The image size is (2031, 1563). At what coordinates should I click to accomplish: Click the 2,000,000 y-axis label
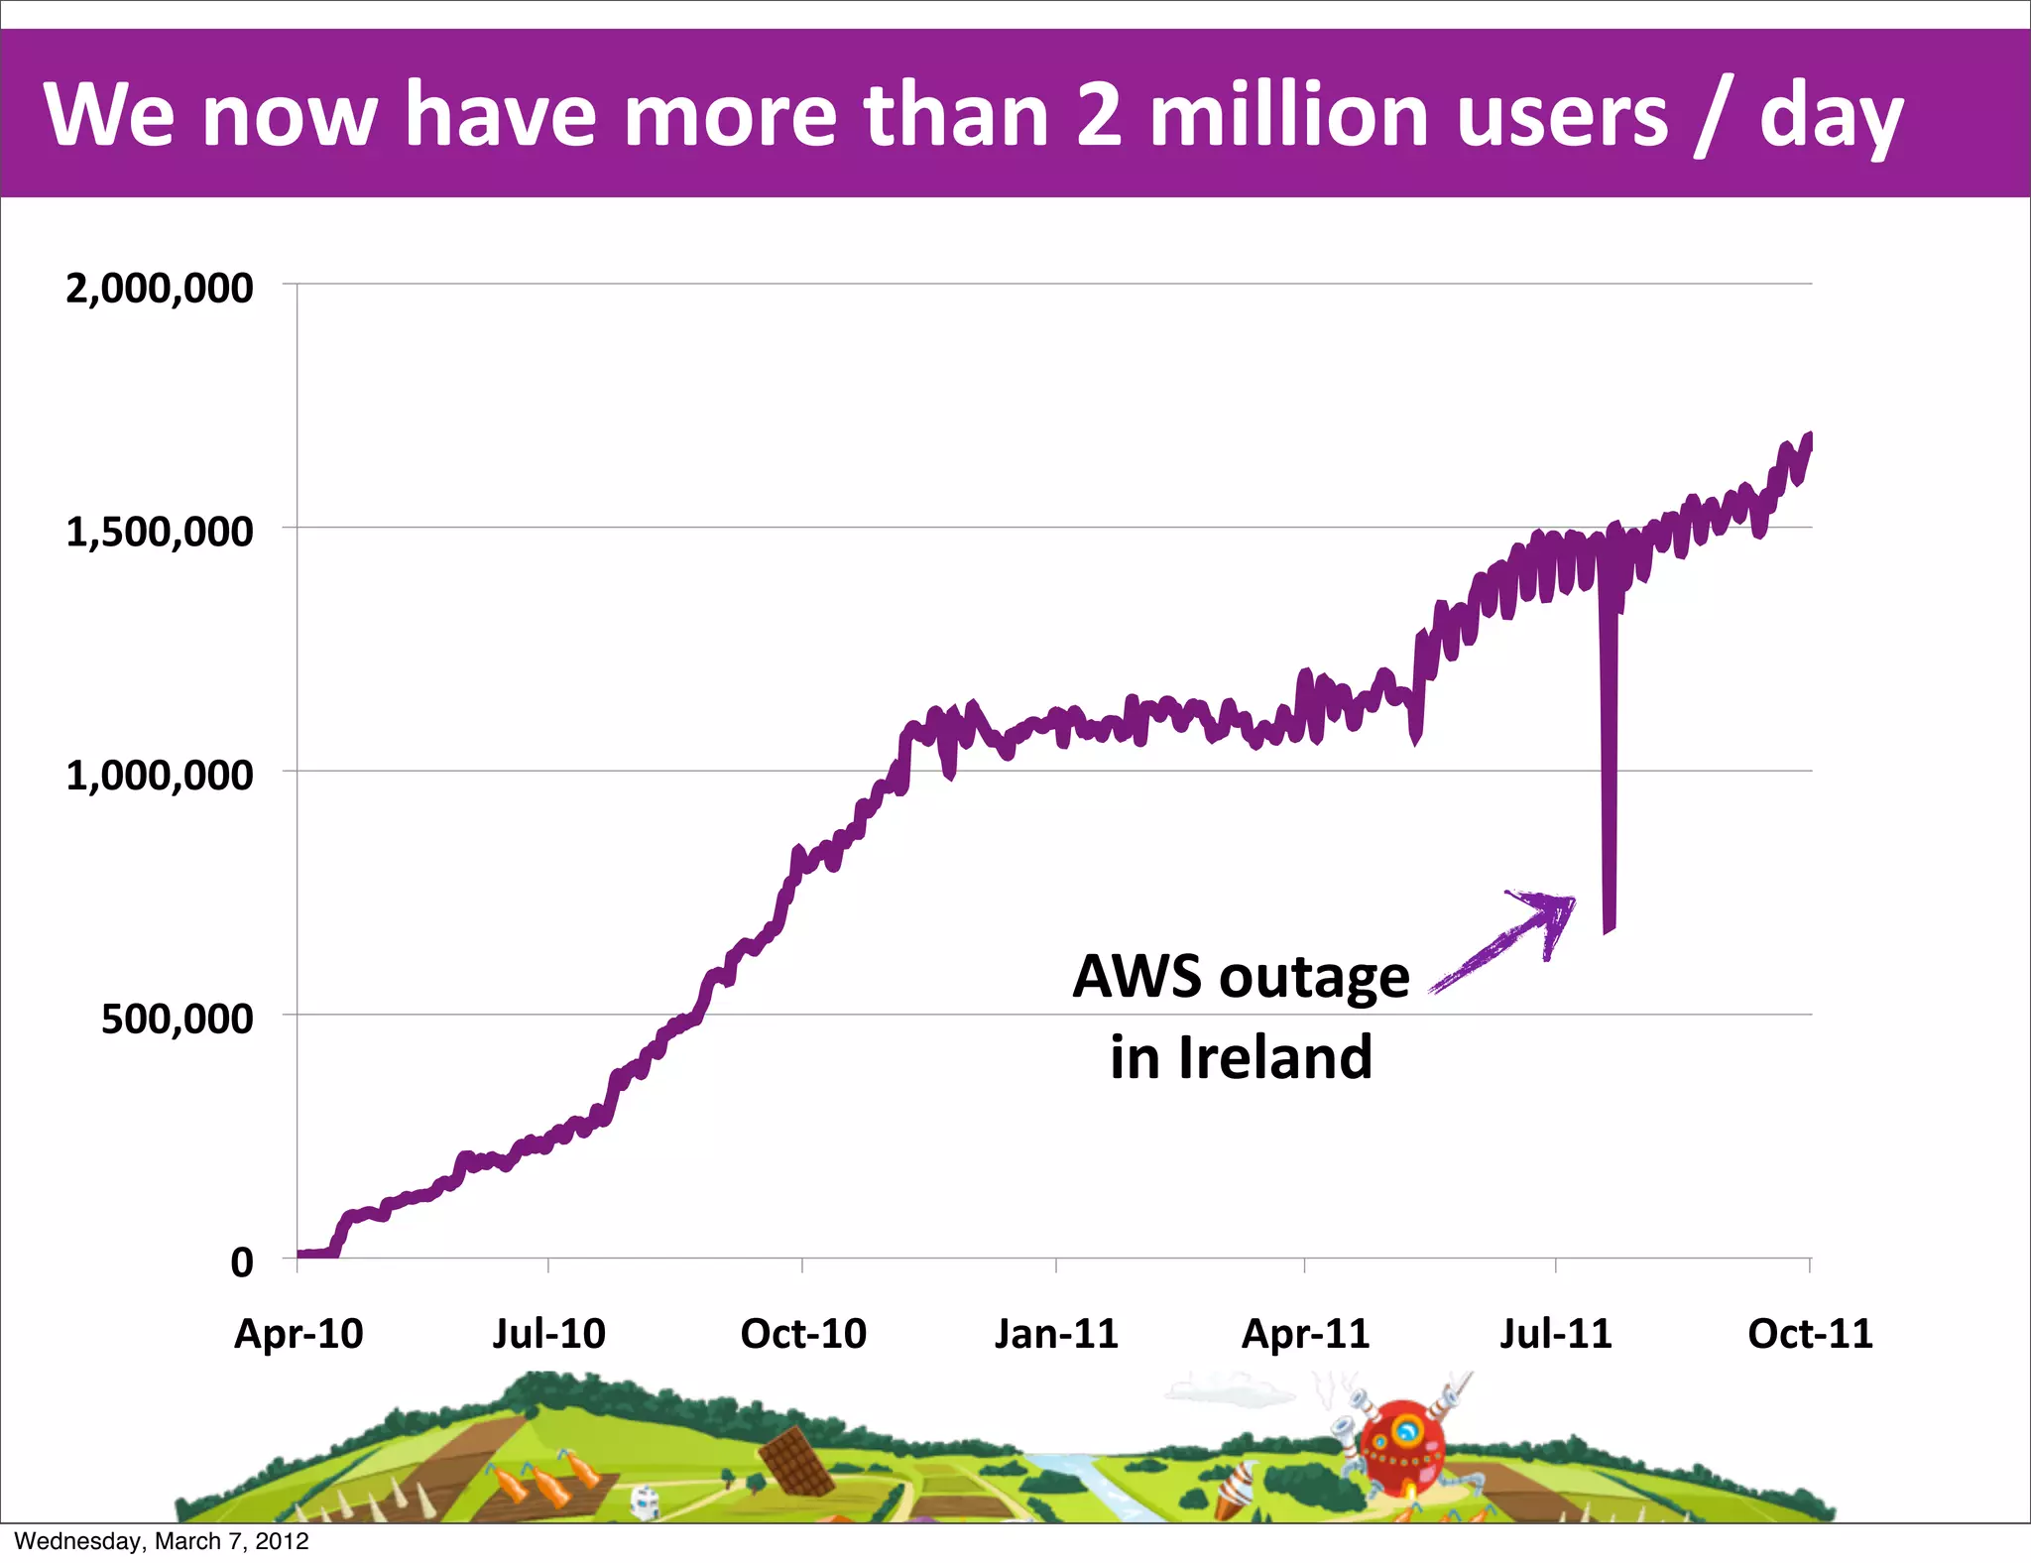pyautogui.click(x=159, y=289)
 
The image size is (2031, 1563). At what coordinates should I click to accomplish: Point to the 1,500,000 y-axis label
pyautogui.click(x=159, y=533)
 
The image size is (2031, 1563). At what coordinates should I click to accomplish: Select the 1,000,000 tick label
pyautogui.click(x=159, y=776)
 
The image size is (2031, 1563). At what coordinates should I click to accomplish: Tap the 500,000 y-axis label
pyautogui.click(x=177, y=1020)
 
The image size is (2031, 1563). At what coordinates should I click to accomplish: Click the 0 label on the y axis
pyautogui.click(x=242, y=1263)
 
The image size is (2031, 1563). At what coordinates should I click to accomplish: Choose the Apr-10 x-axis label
pyautogui.click(x=299, y=1334)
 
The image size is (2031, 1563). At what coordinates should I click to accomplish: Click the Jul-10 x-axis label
pyautogui.click(x=548, y=1334)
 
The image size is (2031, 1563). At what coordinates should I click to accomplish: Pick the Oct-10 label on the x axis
pyautogui.click(x=803, y=1334)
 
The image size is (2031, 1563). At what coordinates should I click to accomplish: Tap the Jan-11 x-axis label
pyautogui.click(x=1056, y=1334)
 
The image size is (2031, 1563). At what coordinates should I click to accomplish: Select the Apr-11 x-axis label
pyautogui.click(x=1305, y=1334)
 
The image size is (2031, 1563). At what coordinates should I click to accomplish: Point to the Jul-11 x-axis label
pyautogui.click(x=1555, y=1334)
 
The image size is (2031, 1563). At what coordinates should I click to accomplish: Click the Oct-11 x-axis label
pyautogui.click(x=1810, y=1334)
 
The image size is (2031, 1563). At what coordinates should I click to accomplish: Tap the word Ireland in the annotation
pyautogui.click(x=1275, y=1057)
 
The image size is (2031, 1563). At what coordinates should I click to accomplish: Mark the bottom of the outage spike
pyautogui.click(x=1609, y=928)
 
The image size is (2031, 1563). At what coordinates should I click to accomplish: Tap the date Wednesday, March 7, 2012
pyautogui.click(x=162, y=1541)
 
